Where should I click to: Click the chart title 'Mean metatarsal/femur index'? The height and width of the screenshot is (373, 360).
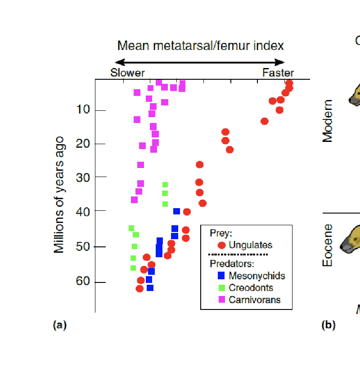point(200,45)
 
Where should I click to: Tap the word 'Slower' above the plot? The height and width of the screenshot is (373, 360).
point(128,73)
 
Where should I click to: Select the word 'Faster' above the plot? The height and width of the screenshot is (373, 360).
point(278,73)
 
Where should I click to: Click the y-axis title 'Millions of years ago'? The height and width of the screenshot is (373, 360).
point(59,195)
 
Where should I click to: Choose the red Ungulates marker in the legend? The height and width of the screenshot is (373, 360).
point(221,246)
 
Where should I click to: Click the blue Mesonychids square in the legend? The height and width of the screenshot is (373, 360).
point(221,276)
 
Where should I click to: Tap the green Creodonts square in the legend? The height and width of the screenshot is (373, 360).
point(221,288)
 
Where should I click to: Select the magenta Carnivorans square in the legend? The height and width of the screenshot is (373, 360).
point(221,300)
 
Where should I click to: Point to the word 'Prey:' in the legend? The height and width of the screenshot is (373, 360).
point(221,233)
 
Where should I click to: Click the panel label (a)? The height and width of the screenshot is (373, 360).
point(59,325)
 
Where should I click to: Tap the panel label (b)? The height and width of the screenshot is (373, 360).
point(328,325)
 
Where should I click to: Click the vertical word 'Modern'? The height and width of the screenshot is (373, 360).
point(328,121)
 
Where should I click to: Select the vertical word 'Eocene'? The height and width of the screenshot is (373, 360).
point(328,245)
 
